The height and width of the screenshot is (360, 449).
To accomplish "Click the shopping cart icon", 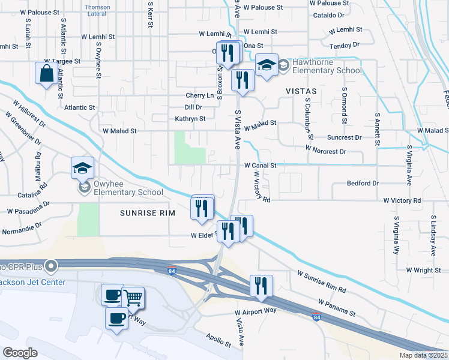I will pos(133,298).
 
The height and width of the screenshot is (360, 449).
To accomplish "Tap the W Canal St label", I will pos(260,165).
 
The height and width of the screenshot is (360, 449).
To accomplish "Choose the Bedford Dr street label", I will pos(363,183).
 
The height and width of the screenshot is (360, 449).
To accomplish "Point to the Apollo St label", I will pos(218,340).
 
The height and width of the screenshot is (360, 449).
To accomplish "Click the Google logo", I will pos(20,352).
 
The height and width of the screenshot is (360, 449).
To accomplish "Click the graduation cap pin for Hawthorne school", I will pos(267,65).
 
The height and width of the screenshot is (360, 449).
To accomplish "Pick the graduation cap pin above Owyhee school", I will pos(82,168).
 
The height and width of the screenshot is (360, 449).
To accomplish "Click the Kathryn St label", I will pos(190,119).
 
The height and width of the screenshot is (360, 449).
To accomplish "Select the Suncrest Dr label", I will pos(345,137).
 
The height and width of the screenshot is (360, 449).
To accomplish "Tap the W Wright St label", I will pos(423,271).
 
